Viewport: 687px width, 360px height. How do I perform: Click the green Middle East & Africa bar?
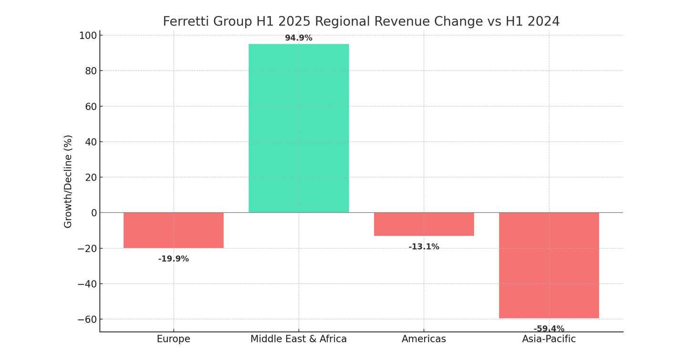click(x=299, y=128)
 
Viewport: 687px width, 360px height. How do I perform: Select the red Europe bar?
click(x=174, y=230)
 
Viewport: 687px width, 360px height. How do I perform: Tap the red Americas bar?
click(x=424, y=224)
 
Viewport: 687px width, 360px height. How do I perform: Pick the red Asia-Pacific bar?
click(x=549, y=265)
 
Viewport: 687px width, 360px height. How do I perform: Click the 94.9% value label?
click(x=299, y=38)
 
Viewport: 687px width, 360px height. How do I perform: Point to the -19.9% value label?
click(x=174, y=259)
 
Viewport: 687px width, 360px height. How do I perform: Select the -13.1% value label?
click(x=424, y=247)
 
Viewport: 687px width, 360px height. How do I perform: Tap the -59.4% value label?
click(x=549, y=329)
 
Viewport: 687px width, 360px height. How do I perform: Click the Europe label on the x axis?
click(x=174, y=339)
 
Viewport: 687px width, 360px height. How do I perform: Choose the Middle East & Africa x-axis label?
click(x=299, y=339)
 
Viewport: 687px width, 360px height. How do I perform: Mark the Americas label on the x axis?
click(x=424, y=339)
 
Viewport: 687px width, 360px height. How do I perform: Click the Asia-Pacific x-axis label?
click(x=549, y=339)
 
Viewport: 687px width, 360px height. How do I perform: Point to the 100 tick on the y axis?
click(x=88, y=35)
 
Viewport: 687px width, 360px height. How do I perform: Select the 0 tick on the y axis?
click(x=94, y=213)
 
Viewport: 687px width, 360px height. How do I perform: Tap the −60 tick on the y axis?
click(x=87, y=319)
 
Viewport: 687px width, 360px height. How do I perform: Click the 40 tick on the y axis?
click(x=91, y=142)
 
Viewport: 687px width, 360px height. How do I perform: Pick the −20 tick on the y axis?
click(x=87, y=248)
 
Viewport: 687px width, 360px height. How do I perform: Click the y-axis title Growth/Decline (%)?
click(x=68, y=181)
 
